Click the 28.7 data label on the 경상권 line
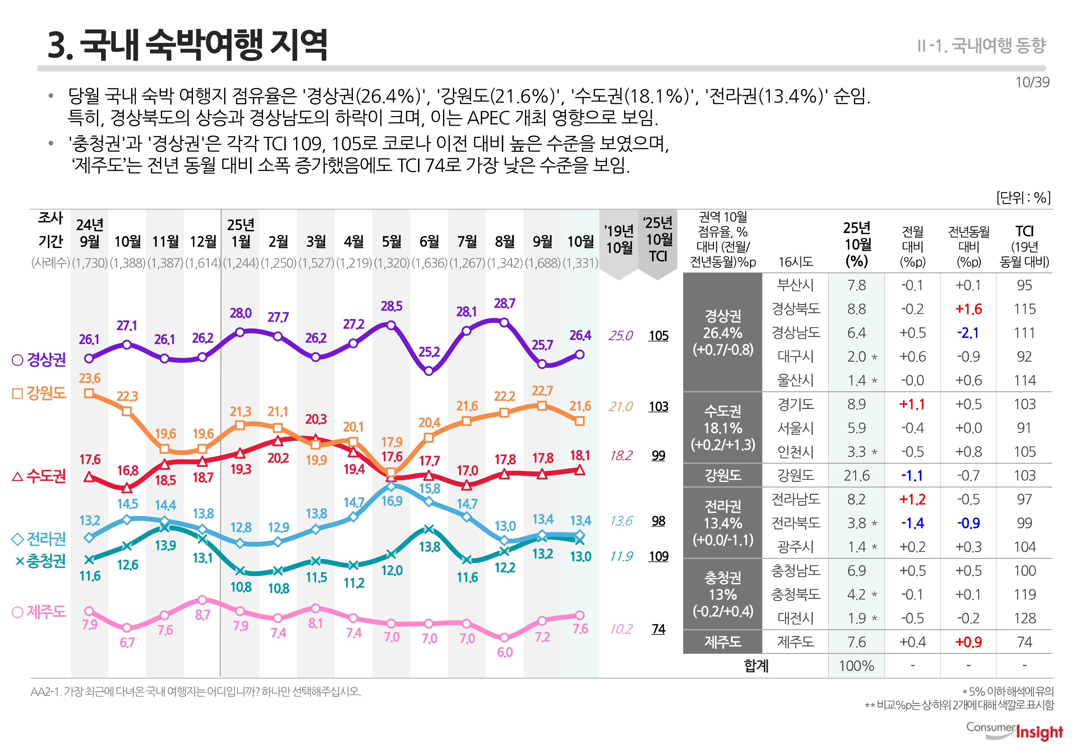coord(504,304)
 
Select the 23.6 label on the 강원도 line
coord(89,378)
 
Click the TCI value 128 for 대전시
coord(1024,618)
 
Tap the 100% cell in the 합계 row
coord(856,666)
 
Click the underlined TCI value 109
coord(658,556)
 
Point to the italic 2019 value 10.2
coord(621,629)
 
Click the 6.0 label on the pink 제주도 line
coord(505,652)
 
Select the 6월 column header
coord(429,241)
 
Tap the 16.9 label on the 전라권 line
coord(391,501)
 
